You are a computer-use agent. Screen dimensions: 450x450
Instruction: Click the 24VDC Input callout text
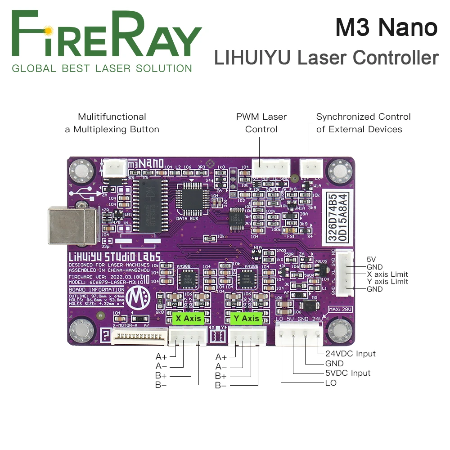pyautogui.click(x=350, y=354)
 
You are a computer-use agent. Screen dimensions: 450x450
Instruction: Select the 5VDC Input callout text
pyautogui.click(x=348, y=373)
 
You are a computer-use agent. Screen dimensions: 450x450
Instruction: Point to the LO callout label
pyautogui.click(x=331, y=383)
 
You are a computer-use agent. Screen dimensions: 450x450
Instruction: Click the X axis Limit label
pyautogui.click(x=387, y=274)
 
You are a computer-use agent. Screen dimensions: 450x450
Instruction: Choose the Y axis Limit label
pyautogui.click(x=387, y=282)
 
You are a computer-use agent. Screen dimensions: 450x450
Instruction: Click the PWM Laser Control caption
pyautogui.click(x=261, y=123)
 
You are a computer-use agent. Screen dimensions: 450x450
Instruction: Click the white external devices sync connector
pyautogui.click(x=311, y=168)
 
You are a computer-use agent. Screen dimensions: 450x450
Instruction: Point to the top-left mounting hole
pyautogui.click(x=82, y=170)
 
